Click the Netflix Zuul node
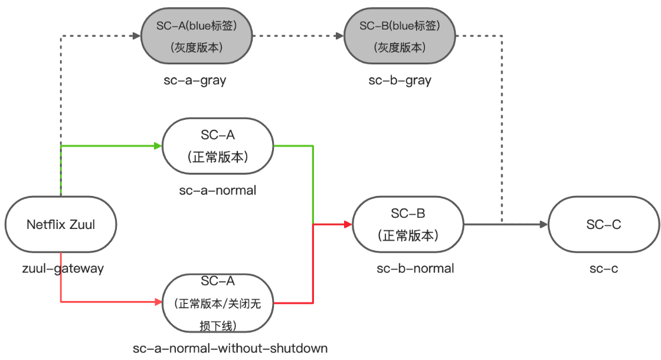point(61,224)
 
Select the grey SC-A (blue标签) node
point(197,36)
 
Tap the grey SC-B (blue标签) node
point(400,36)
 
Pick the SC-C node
point(604,224)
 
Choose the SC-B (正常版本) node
point(408,224)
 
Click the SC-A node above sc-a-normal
point(218,146)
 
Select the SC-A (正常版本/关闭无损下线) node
point(218,302)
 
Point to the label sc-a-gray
point(195,81)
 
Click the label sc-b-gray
point(400,81)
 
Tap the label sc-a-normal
point(218,190)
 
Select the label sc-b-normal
point(415,269)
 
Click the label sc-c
point(604,269)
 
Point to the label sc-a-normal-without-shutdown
point(230,348)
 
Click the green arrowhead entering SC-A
point(158,146)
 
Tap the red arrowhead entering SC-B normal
point(348,224)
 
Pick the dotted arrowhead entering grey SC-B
point(340,36)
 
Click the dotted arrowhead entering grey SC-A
point(136,36)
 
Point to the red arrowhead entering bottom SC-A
point(158,302)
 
